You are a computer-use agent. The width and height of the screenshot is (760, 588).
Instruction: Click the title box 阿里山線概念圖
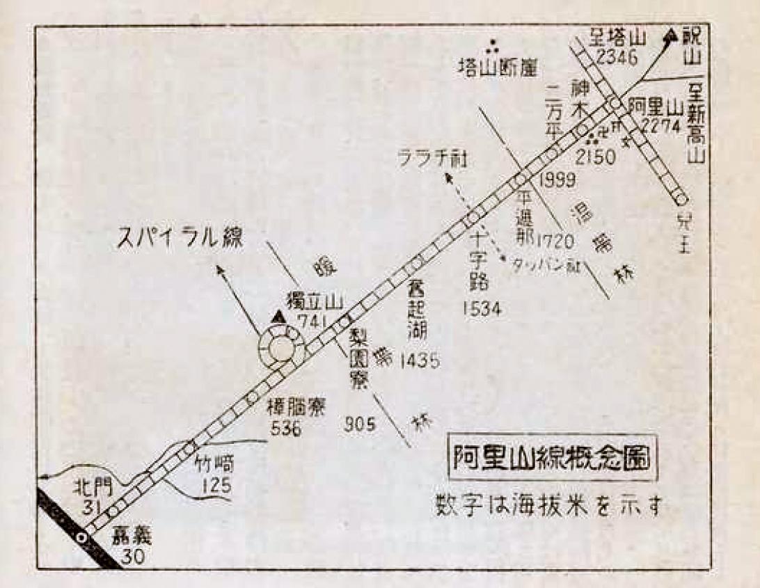551,460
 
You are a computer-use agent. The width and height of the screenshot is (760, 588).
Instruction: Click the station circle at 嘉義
83,537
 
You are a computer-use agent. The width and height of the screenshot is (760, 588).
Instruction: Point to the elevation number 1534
481,309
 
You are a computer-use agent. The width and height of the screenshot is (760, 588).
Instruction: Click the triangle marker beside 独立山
279,317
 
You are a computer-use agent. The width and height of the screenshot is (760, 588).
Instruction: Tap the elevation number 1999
556,182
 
